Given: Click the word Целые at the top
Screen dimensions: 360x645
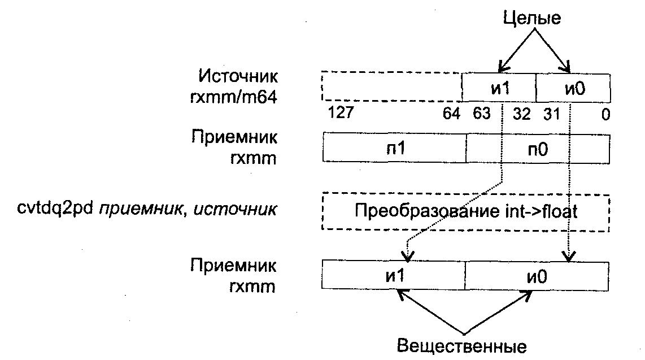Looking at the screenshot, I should pos(532,18).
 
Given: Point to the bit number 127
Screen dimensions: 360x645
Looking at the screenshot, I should pos(341,114).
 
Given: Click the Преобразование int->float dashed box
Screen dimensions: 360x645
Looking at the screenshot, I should pos(466,212).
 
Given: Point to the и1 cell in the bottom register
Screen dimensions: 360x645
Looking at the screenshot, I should pos(394,275).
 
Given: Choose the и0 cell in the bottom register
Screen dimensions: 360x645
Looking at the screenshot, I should pos(537,275).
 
